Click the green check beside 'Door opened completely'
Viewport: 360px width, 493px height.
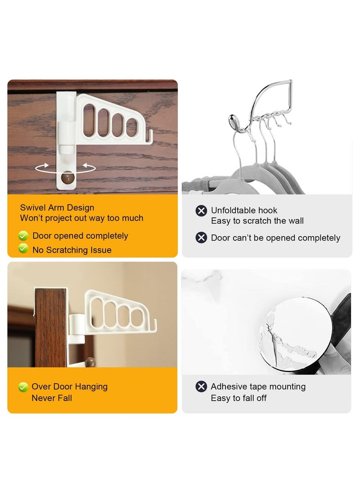tap(23, 236)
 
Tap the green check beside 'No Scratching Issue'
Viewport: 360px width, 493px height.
tap(23, 249)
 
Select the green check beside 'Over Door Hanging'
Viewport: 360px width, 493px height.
tap(23, 386)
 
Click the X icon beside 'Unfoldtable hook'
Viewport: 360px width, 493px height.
tap(201, 211)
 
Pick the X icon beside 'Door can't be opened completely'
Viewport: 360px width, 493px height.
tap(201, 238)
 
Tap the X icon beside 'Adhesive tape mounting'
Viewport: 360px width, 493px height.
tap(201, 386)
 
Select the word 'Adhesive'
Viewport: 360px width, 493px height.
tap(229, 387)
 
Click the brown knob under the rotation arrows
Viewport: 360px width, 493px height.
tap(67, 179)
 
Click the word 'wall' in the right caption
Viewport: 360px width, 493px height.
tap(295, 221)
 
